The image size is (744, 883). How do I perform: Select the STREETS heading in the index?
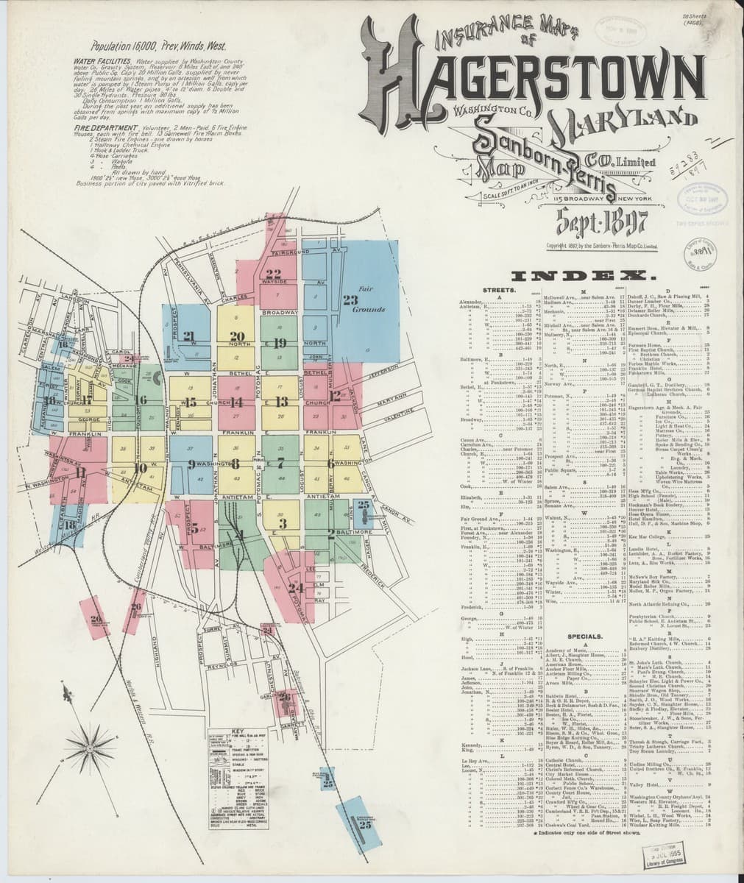pos(497,291)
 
